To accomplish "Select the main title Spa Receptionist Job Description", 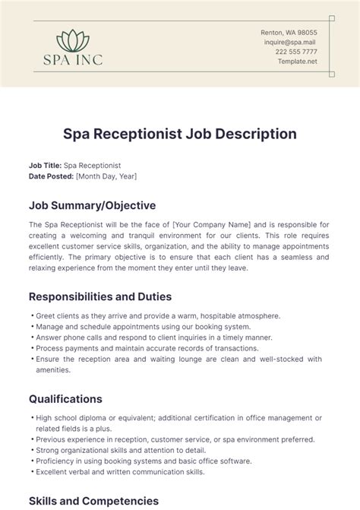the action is click(x=180, y=134).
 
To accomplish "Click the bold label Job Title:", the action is click(x=45, y=165).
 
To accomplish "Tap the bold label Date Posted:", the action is click(x=51, y=176).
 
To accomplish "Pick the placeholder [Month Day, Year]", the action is click(x=106, y=176).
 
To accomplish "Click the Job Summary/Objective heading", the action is click(x=92, y=205).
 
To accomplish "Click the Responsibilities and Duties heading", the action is click(x=100, y=296).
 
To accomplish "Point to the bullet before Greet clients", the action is click(x=30, y=315).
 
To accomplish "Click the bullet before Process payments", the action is click(x=30, y=348).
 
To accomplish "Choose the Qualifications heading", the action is click(x=65, y=398).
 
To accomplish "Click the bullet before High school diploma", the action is click(x=30, y=417).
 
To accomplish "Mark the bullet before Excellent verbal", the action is click(x=30, y=472).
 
